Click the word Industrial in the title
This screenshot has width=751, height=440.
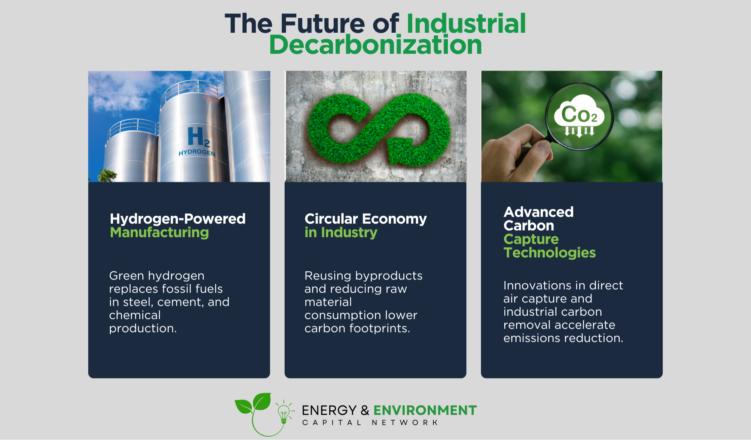[x=466, y=23]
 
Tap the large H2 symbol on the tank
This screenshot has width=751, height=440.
[x=199, y=137]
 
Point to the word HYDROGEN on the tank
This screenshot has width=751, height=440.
[x=197, y=153]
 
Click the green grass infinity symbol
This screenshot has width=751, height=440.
[x=379, y=128]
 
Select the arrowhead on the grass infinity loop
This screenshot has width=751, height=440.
[x=404, y=150]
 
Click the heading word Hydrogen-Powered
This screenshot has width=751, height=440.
[x=178, y=219]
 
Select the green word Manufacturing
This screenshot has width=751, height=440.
[x=159, y=233]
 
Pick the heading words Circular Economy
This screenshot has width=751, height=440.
[x=366, y=219]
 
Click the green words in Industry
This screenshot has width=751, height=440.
[x=341, y=233]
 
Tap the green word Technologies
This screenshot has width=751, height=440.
[x=550, y=253]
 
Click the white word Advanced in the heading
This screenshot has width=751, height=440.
[x=538, y=212]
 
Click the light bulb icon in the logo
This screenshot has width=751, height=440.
[x=284, y=413]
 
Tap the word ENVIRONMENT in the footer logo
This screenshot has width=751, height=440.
[x=425, y=410]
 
